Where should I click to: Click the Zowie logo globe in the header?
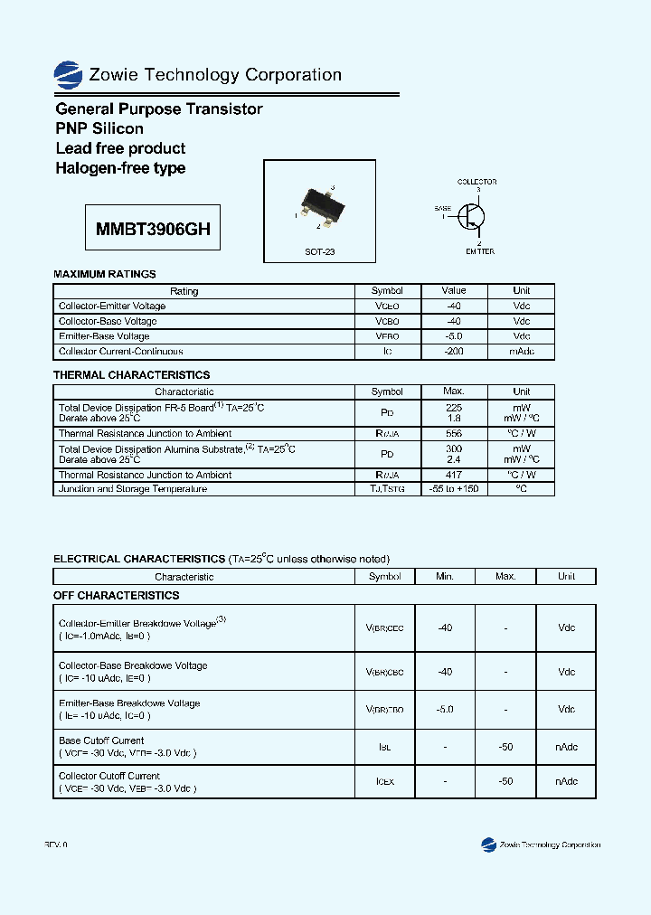[68, 74]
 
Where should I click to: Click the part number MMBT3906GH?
[153, 230]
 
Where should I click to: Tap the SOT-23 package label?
[319, 251]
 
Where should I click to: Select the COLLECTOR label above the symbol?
[476, 182]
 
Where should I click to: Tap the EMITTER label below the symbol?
[480, 251]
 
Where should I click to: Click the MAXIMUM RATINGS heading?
[105, 274]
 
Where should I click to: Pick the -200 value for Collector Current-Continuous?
[454, 351]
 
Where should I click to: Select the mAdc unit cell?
[522, 351]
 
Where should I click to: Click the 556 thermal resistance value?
[454, 434]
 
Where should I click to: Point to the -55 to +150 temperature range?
[454, 489]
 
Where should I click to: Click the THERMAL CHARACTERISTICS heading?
[131, 374]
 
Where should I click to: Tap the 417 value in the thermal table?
[454, 475]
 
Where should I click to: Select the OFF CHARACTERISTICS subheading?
[117, 596]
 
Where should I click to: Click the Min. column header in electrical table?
[445, 576]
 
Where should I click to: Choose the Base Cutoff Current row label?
[101, 741]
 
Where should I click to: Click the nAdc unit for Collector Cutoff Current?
[566, 781]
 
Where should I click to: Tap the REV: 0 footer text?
[56, 844]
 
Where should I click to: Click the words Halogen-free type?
[120, 168]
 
